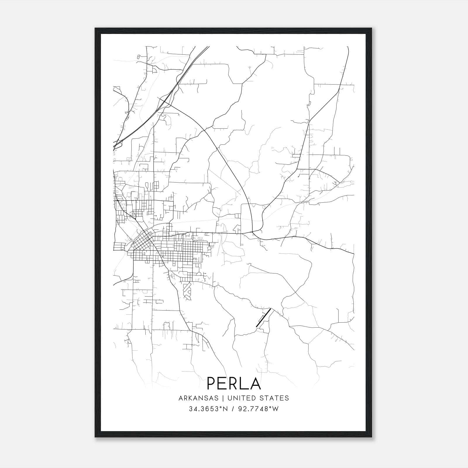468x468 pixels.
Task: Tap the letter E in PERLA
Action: [223, 383]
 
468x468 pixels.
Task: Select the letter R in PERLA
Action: [234, 383]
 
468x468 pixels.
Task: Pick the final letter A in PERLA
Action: [255, 383]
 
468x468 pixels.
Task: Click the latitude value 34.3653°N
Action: [208, 409]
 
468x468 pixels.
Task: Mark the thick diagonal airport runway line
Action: [263, 317]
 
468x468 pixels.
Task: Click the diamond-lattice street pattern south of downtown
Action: [187, 291]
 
